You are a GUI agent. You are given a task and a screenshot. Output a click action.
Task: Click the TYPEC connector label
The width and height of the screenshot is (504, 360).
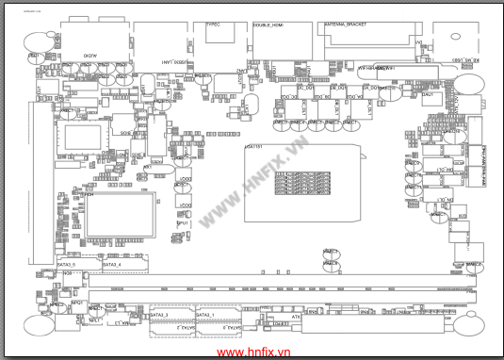tap(212, 24)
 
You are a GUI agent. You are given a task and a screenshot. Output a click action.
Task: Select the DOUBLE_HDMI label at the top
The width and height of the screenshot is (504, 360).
tap(268, 25)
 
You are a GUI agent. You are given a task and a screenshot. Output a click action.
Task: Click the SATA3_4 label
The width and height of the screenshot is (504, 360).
tap(110, 265)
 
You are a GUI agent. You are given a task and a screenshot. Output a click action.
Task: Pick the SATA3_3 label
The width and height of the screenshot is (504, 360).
tap(159, 314)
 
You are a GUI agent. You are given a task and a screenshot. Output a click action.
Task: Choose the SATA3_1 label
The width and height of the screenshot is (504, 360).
tap(204, 314)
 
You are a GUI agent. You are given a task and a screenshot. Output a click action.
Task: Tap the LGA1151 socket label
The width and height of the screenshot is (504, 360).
tap(253, 147)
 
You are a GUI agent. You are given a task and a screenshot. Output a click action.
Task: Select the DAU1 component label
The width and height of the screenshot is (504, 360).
tap(428, 94)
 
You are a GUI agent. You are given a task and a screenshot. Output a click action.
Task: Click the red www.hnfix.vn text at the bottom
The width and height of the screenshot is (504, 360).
tap(252, 351)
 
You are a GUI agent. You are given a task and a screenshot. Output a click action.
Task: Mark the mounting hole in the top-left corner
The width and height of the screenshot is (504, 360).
tap(39, 41)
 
